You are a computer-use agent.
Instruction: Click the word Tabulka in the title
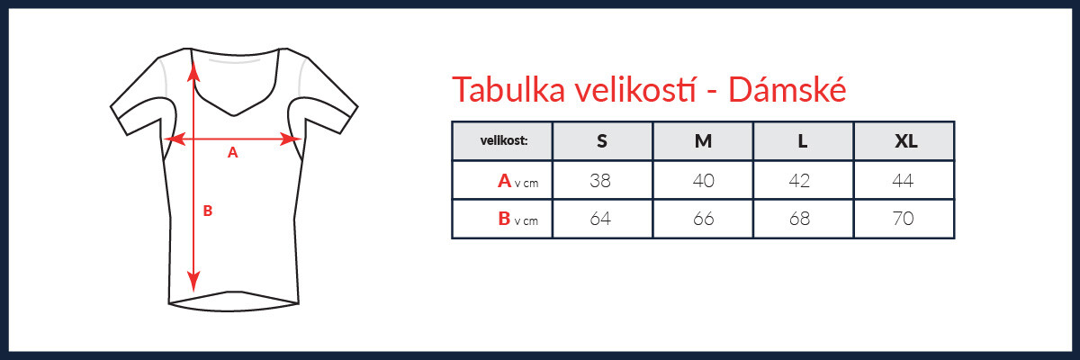[x=508, y=90]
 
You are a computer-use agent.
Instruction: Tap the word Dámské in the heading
[x=787, y=89]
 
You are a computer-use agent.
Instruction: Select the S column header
[x=602, y=141]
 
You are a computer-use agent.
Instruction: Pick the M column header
[x=703, y=141]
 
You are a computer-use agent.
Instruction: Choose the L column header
[x=802, y=141]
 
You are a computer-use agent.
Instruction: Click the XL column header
[x=906, y=141]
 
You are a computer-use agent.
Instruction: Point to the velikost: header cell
[x=504, y=140]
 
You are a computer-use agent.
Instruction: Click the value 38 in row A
[x=600, y=181]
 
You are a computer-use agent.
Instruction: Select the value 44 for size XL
[x=903, y=181]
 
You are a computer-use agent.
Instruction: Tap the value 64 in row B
[x=600, y=219]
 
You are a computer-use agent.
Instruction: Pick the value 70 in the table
[x=903, y=219]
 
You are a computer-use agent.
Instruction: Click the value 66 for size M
[x=704, y=219]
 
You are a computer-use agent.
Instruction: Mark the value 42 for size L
[x=799, y=181]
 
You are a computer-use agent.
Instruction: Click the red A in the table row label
[x=504, y=181]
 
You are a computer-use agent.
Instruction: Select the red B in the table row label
[x=504, y=219]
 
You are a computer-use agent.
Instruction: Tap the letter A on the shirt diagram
[x=233, y=153]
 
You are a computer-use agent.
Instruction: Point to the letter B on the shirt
[x=208, y=211]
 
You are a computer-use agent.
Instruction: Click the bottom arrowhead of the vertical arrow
[x=193, y=282]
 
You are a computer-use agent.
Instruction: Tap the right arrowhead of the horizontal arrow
[x=291, y=139]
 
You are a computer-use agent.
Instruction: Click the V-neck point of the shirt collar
[x=234, y=115]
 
